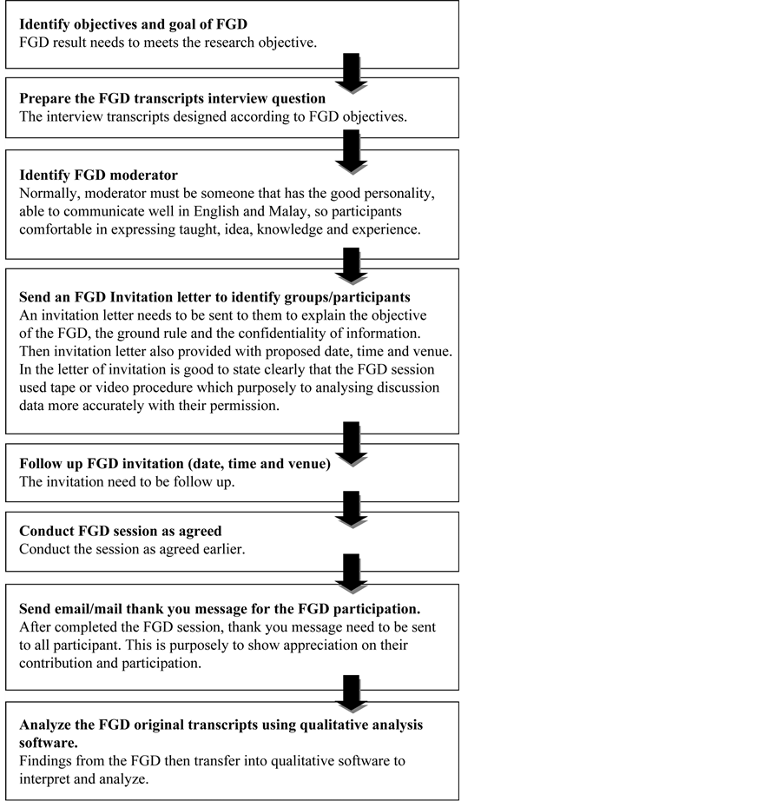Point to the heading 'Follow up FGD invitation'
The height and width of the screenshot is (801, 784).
tap(175, 464)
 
